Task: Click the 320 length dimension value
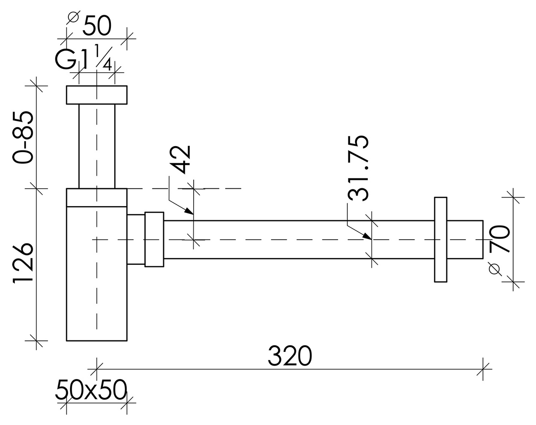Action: (x=290, y=356)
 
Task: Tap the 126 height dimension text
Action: (x=23, y=264)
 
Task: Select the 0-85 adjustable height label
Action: (x=23, y=137)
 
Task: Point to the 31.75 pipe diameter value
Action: (x=358, y=168)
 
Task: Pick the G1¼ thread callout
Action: (x=83, y=58)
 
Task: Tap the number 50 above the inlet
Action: (x=97, y=25)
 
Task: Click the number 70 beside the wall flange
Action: (x=499, y=239)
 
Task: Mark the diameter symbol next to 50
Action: (x=73, y=17)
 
